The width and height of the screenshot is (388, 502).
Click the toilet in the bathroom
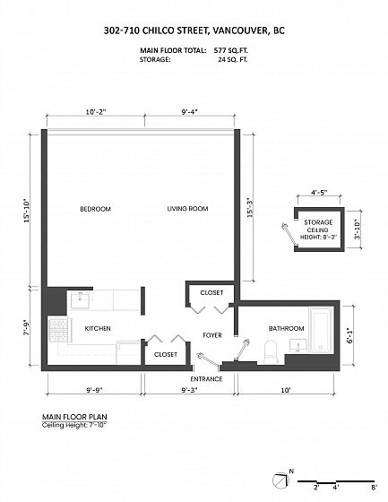coord(272,351)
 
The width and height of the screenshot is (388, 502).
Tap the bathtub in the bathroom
coord(321,330)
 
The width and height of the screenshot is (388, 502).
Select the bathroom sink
coord(298,346)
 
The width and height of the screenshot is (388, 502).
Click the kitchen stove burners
coord(58,330)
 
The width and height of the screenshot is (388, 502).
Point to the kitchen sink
coord(80,299)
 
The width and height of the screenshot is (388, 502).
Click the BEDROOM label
coord(95,209)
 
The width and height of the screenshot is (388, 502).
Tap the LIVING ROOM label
coord(187,209)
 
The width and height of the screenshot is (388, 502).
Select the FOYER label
coord(212,335)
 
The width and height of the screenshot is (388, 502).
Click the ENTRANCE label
coord(206,379)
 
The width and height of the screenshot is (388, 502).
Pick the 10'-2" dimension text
coord(96,112)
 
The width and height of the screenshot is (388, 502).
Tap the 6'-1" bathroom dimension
coord(349,335)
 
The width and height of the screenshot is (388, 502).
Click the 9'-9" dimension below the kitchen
coord(94,390)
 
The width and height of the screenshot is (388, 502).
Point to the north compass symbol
coord(280,480)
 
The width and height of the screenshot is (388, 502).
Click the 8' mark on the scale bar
coord(374,488)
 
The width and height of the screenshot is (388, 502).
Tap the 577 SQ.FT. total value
coord(231,50)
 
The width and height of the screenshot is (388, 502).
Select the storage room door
coord(289,234)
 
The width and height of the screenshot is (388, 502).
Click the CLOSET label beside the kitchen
coord(166,354)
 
